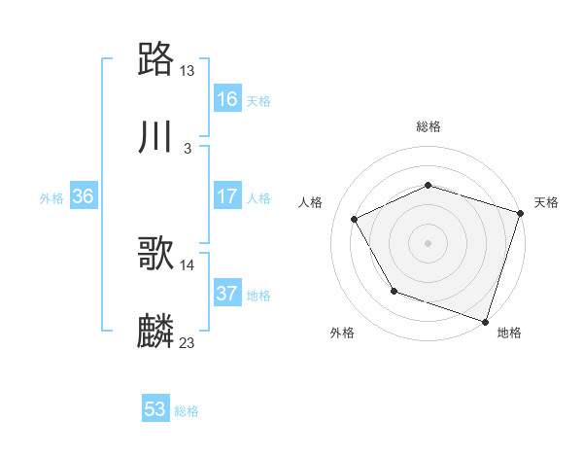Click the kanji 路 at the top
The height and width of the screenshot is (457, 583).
pos(156,60)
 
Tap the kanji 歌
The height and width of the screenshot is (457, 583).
pos(156,255)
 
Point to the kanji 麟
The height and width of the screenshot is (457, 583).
pos(156,332)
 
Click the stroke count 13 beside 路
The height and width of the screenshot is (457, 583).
pos(188,71)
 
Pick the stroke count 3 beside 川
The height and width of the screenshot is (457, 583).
pos(188,148)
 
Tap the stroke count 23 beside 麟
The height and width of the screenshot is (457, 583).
pos(188,342)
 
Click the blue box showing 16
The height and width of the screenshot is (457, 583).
pos(227,99)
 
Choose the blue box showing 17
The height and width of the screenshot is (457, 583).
pos(227,196)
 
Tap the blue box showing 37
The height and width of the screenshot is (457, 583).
pos(227,294)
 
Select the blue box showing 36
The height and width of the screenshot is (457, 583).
pos(84,196)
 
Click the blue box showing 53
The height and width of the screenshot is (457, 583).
pos(155,409)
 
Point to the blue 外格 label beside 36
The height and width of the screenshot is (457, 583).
pos(51,197)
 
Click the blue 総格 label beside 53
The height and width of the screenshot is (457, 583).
pos(187,411)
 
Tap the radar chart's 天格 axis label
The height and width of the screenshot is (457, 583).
pos(546,202)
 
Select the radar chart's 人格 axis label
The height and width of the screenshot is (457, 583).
pos(311,202)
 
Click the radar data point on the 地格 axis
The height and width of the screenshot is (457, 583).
pos(485,321)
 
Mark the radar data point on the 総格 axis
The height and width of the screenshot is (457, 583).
pos(429,185)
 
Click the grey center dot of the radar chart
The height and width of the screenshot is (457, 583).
pos(429,242)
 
